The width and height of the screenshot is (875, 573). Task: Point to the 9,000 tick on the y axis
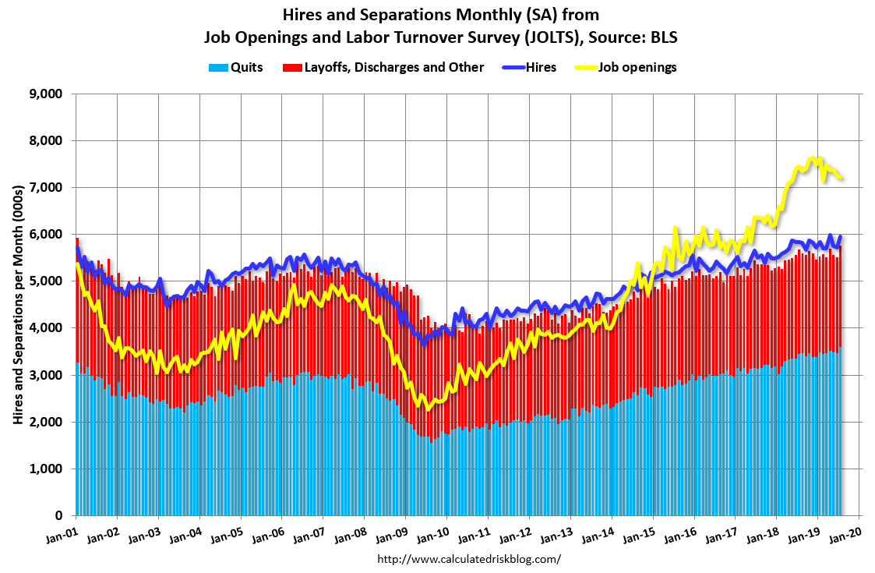[45, 94]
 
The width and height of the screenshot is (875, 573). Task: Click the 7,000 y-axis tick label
[45, 188]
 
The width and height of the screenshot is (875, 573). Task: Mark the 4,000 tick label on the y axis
[45, 328]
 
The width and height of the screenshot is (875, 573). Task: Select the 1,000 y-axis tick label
[45, 469]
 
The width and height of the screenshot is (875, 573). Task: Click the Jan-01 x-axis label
[62, 534]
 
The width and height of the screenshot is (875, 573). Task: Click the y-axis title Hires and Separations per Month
[18, 304]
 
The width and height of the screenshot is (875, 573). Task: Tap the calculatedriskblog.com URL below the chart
[468, 559]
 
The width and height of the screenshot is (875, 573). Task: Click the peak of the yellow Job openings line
[814, 158]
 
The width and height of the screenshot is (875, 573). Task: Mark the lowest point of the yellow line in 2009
[427, 409]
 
